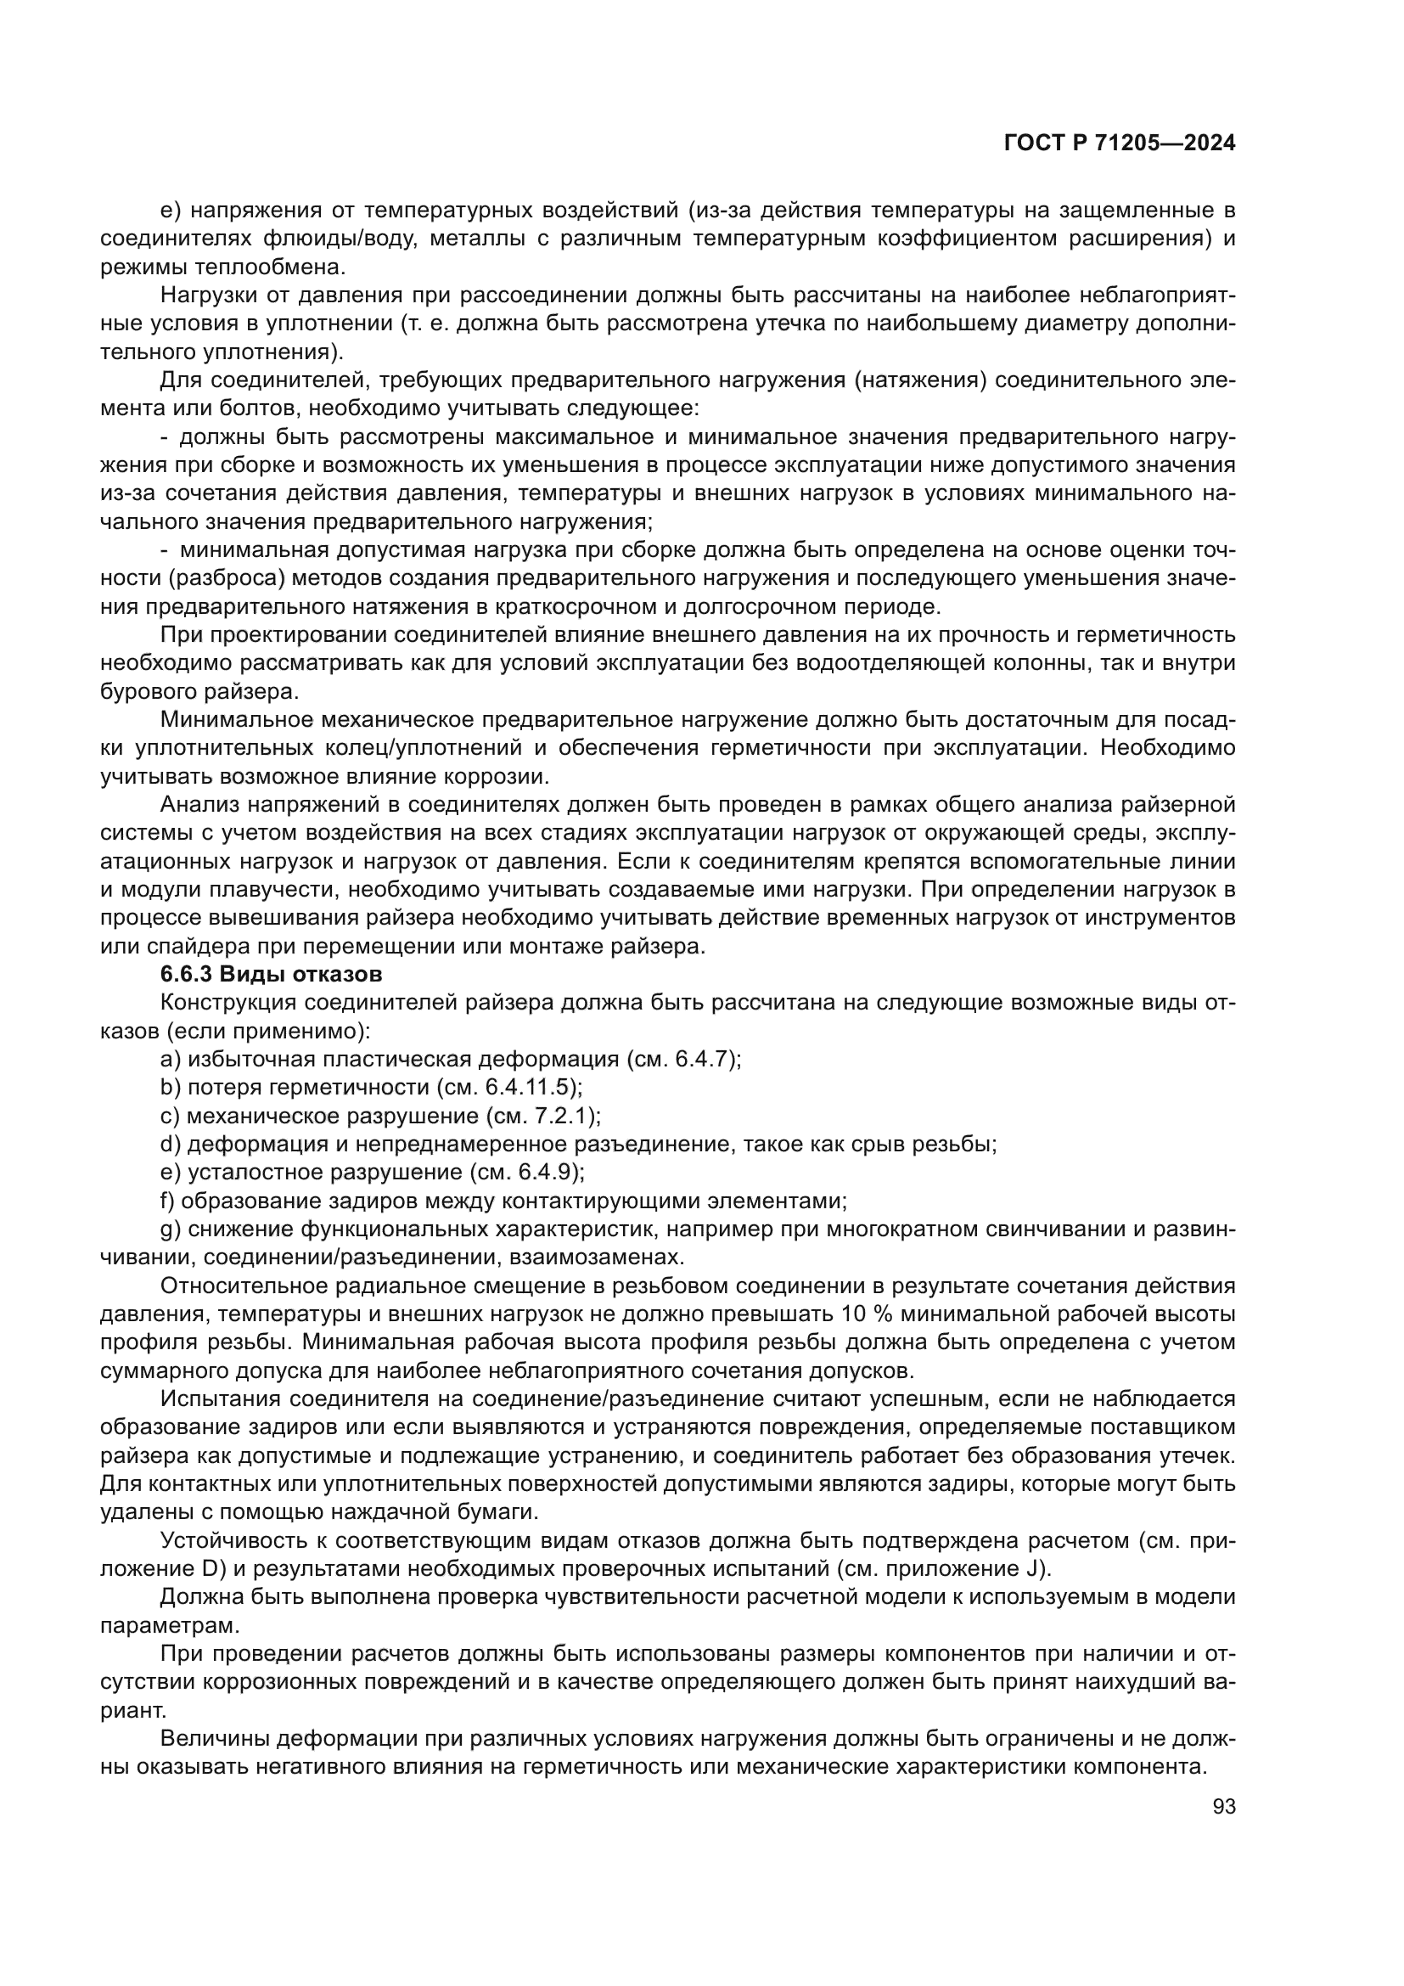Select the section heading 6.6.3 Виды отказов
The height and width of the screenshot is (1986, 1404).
tap(271, 974)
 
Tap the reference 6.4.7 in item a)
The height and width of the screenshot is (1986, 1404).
tap(705, 1059)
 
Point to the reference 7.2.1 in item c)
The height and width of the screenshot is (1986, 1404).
tap(563, 1116)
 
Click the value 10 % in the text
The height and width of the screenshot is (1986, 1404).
tap(865, 1314)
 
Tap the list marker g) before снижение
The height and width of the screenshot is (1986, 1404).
tap(171, 1229)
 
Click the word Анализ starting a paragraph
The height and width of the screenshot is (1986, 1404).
tap(199, 804)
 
